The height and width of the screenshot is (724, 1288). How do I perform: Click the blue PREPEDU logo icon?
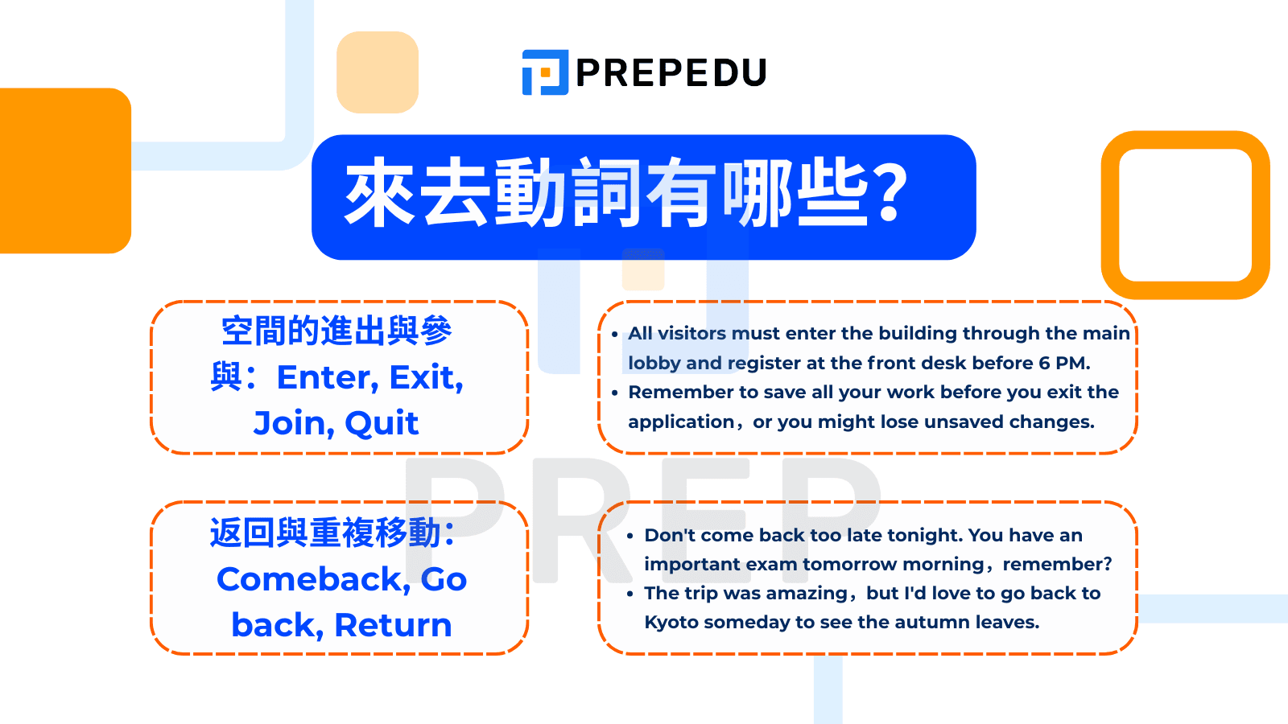545,72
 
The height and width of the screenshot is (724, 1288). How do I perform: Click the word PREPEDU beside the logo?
671,73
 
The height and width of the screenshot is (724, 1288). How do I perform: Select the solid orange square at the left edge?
65,171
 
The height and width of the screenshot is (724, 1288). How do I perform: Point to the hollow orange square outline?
1111,215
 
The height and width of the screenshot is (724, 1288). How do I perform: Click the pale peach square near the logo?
378,72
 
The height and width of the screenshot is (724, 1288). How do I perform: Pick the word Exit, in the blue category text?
426,377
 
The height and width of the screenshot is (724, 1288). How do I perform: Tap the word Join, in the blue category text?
294,423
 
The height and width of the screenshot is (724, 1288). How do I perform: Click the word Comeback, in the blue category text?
313,579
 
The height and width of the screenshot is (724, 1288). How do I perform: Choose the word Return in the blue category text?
394,625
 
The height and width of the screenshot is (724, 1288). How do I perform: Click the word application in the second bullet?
681,422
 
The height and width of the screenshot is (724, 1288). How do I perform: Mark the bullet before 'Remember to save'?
615,393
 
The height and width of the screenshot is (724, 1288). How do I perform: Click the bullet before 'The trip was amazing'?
630,594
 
